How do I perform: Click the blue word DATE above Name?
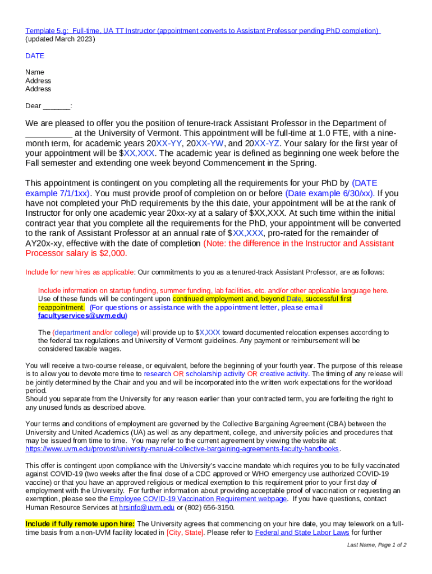point(35,56)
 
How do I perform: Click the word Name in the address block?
point(35,72)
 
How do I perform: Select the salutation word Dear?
point(33,106)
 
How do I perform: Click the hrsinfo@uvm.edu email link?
point(146,508)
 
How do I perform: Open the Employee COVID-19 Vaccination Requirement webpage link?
point(199,499)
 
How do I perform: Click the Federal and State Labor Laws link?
point(302,533)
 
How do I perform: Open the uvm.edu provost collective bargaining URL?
point(182,449)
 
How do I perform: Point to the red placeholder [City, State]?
point(185,533)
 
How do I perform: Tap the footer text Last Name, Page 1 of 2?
point(376,545)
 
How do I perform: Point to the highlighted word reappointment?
point(61,307)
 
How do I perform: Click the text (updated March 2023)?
point(60,39)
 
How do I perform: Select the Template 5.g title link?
point(203,31)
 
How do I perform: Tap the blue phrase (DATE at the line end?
point(365,183)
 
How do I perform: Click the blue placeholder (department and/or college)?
point(95,332)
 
